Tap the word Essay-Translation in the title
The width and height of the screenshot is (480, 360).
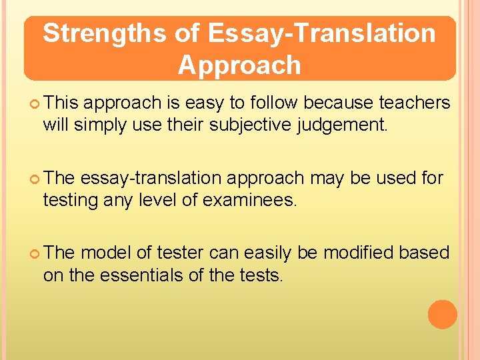pyautogui.click(x=322, y=33)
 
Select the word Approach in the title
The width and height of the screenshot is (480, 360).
pyautogui.click(x=239, y=65)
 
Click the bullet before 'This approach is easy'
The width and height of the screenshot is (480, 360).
pyautogui.click(x=35, y=103)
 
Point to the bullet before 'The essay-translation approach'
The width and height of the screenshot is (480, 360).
pyautogui.click(x=35, y=179)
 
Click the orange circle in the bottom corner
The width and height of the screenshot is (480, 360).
pyautogui.click(x=443, y=315)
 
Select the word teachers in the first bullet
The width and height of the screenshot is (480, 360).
pyautogui.click(x=414, y=103)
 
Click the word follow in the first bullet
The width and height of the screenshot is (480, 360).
pyautogui.click(x=271, y=103)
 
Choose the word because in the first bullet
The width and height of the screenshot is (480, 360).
pyautogui.click(x=339, y=103)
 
